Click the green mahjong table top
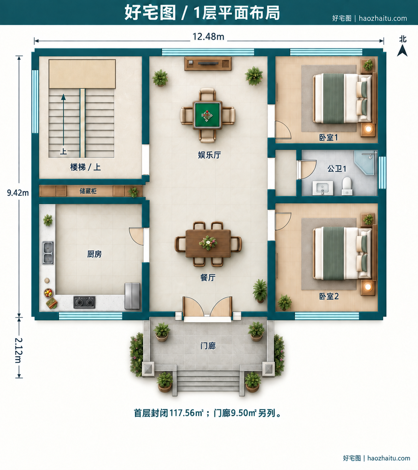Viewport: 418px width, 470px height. pyautogui.click(x=207, y=115)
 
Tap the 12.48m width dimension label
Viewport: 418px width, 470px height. pyautogui.click(x=208, y=37)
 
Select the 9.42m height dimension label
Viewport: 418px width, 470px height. pyautogui.click(x=18, y=193)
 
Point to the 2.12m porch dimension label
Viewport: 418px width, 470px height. pyautogui.click(x=18, y=350)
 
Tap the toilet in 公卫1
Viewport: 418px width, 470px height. pyautogui.click(x=347, y=186)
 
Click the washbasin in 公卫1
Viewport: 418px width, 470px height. pyautogui.click(x=323, y=188)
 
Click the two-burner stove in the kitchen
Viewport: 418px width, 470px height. pyautogui.click(x=84, y=302)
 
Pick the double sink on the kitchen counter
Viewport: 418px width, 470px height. pyautogui.click(x=48, y=253)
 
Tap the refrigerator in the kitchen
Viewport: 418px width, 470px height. pyautogui.click(x=133, y=296)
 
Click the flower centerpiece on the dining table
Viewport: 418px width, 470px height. pyautogui.click(x=208, y=243)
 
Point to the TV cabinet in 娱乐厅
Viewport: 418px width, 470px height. pyautogui.click(x=208, y=64)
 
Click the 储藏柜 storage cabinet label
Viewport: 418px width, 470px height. pyautogui.click(x=88, y=191)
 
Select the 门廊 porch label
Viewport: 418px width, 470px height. pyautogui.click(x=208, y=346)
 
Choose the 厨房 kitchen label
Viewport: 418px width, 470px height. pyautogui.click(x=94, y=254)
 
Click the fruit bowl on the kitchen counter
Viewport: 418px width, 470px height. pyautogui.click(x=48, y=293)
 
